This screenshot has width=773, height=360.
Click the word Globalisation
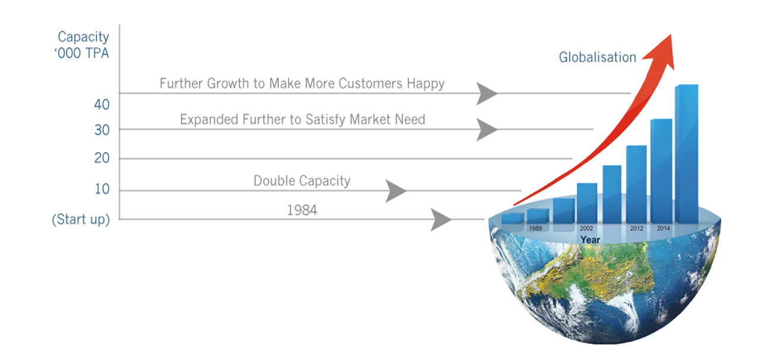(x=597, y=57)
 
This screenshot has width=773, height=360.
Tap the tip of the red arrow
(x=671, y=34)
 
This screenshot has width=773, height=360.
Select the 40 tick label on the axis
(x=102, y=105)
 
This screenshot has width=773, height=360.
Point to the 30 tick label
(x=102, y=130)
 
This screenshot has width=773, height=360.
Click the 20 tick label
(x=102, y=158)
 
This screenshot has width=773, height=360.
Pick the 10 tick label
(x=102, y=189)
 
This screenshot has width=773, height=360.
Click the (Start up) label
(x=81, y=220)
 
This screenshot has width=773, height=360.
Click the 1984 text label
(x=302, y=210)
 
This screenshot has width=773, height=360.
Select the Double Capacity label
(x=302, y=181)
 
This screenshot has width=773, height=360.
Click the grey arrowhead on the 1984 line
(x=441, y=220)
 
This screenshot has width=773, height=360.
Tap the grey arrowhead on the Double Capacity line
(x=396, y=191)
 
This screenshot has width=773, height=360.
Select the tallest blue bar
(x=686, y=154)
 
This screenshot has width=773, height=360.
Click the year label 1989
(x=535, y=229)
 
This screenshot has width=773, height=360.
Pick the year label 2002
(x=586, y=229)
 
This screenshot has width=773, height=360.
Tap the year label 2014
(x=663, y=229)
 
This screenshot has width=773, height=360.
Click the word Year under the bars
(x=590, y=239)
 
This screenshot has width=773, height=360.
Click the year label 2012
(x=637, y=229)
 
